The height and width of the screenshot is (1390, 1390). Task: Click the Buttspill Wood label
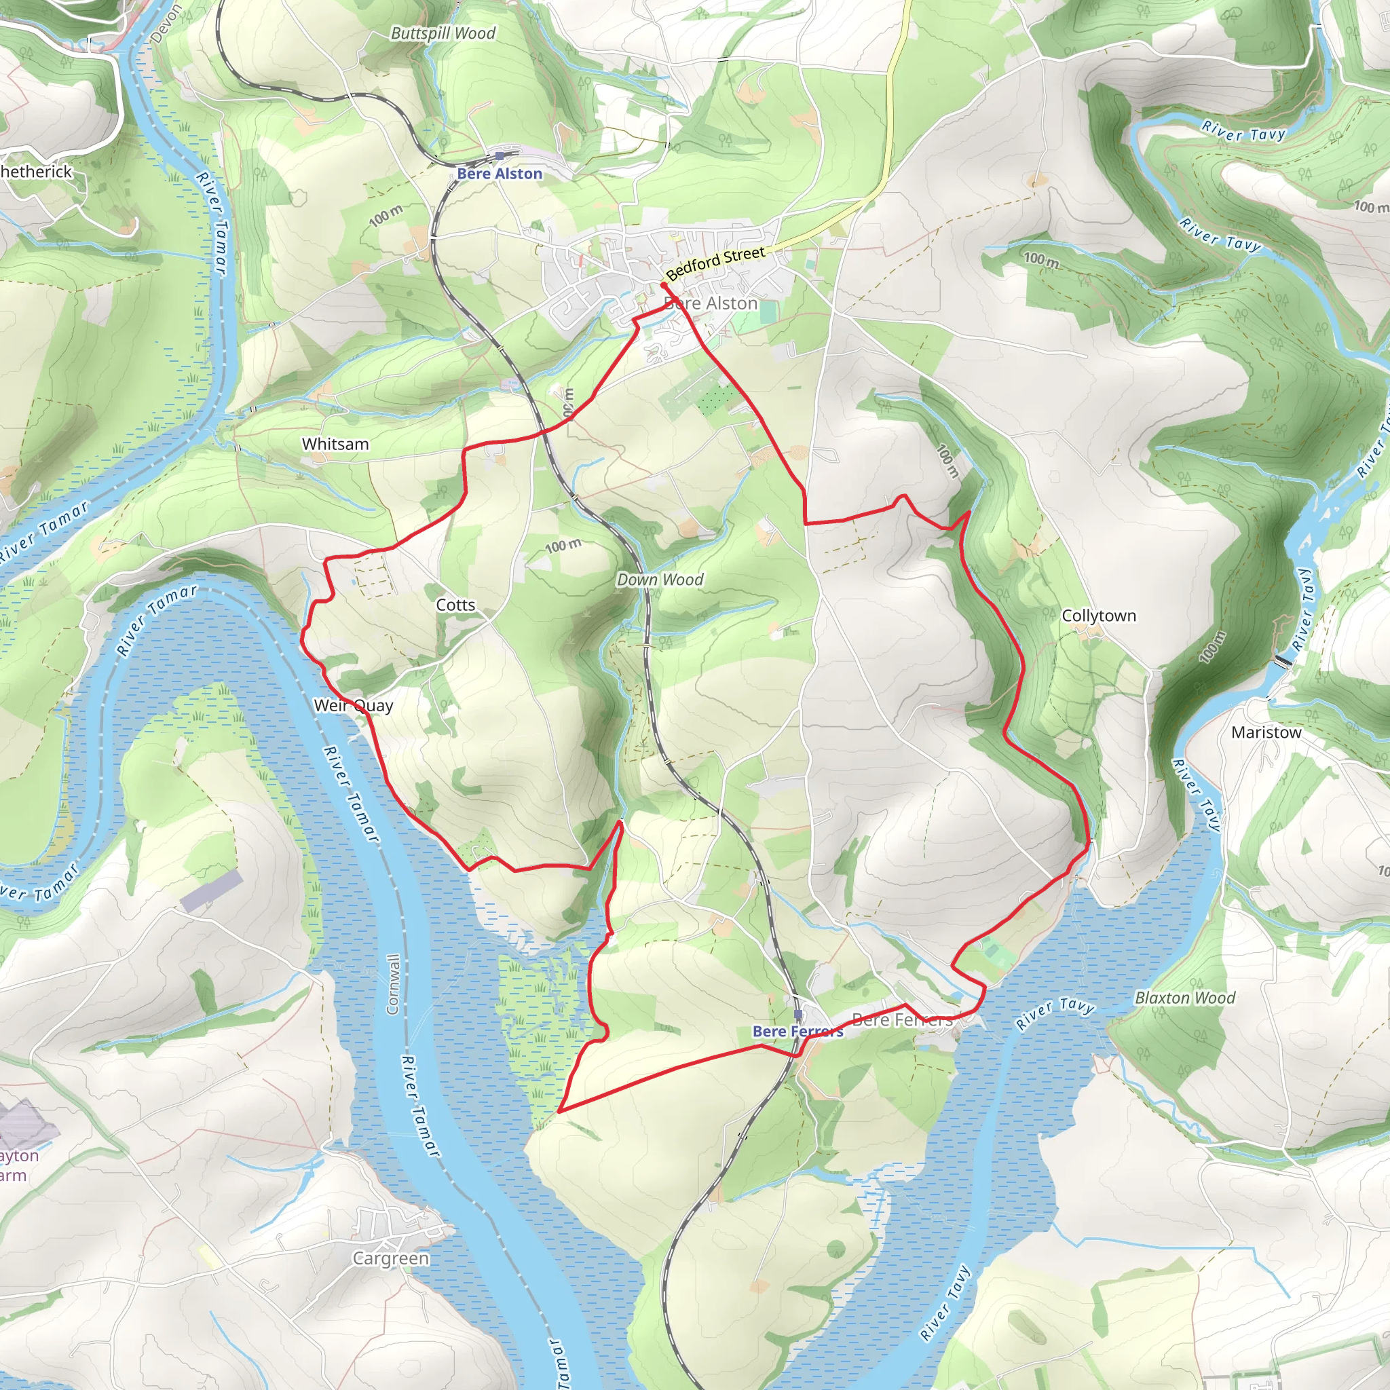pyautogui.click(x=443, y=33)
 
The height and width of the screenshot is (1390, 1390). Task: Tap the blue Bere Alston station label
pyautogui.click(x=500, y=173)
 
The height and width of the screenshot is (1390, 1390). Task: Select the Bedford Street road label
pyautogui.click(x=715, y=263)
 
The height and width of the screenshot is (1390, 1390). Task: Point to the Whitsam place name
pyautogui.click(x=335, y=444)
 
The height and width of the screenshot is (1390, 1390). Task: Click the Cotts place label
pyautogui.click(x=455, y=605)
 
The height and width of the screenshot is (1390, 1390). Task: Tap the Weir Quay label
pyautogui.click(x=353, y=705)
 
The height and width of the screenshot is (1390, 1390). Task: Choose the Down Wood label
pyautogui.click(x=660, y=579)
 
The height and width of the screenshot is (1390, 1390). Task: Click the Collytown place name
pyautogui.click(x=1099, y=615)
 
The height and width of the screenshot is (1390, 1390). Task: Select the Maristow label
pyautogui.click(x=1266, y=732)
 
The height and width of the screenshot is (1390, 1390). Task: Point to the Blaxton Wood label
pyautogui.click(x=1184, y=998)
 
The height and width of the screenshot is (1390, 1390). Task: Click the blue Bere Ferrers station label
pyautogui.click(x=797, y=1032)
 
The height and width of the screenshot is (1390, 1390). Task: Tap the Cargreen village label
pyautogui.click(x=391, y=1258)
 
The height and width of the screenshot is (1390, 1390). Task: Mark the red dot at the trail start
pyautogui.click(x=663, y=286)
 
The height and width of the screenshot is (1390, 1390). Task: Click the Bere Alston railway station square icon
pyautogui.click(x=500, y=155)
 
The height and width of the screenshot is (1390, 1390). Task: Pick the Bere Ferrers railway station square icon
pyautogui.click(x=798, y=1014)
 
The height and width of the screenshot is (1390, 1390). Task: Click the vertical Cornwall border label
pyautogui.click(x=393, y=984)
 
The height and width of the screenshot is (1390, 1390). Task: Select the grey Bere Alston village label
pyautogui.click(x=712, y=303)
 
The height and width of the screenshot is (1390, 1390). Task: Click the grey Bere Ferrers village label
pyautogui.click(x=902, y=1019)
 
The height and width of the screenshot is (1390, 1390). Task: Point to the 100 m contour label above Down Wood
pyautogui.click(x=563, y=546)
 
